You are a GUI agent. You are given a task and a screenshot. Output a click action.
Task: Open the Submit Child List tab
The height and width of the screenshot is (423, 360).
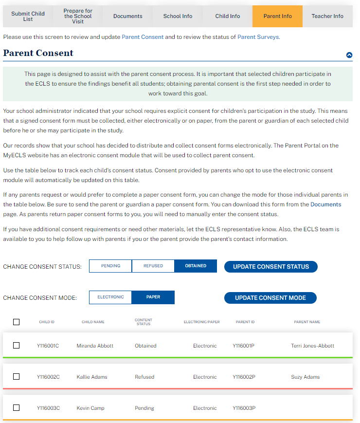pos(28,16)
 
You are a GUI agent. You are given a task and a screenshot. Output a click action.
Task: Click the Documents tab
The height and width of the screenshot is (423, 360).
pos(127,16)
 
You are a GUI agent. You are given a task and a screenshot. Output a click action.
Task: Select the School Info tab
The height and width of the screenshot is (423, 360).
pos(178,16)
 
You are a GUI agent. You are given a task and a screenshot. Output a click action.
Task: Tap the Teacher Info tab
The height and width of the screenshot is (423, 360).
pos(327,16)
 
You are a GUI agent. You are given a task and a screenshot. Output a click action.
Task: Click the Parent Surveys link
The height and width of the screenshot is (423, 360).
pos(258,37)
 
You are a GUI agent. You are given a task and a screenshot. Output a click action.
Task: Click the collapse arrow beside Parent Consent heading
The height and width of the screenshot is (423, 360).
pos(349,55)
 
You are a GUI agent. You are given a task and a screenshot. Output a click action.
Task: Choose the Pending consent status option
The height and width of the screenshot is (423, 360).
pos(110,266)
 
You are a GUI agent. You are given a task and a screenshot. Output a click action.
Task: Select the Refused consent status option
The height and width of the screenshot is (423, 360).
pos(153,266)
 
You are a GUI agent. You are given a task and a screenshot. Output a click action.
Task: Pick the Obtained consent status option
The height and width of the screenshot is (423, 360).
pos(196,266)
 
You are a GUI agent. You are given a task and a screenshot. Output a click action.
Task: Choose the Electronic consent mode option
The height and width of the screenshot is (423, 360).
pos(110,297)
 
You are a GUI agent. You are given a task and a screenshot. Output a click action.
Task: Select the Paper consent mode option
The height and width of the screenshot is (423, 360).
pos(153,297)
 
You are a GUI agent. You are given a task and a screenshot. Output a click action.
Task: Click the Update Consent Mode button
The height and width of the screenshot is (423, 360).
pos(270,298)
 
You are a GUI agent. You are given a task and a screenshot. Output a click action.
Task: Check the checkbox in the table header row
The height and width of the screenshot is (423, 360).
pos(17,322)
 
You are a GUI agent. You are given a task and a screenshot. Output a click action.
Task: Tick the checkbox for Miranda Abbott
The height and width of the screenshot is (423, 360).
pos(17,346)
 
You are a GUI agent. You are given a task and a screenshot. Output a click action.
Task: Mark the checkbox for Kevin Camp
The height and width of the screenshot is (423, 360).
pos(17,408)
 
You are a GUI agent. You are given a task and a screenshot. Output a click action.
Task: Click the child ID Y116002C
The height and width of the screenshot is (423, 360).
pos(48,377)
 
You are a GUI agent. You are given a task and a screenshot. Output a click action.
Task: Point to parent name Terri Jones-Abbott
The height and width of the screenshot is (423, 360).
pos(312,346)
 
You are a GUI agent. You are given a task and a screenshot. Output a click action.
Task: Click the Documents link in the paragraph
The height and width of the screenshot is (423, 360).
pos(325,204)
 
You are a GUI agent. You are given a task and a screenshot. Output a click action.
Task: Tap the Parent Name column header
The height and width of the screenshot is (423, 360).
pos(307,322)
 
